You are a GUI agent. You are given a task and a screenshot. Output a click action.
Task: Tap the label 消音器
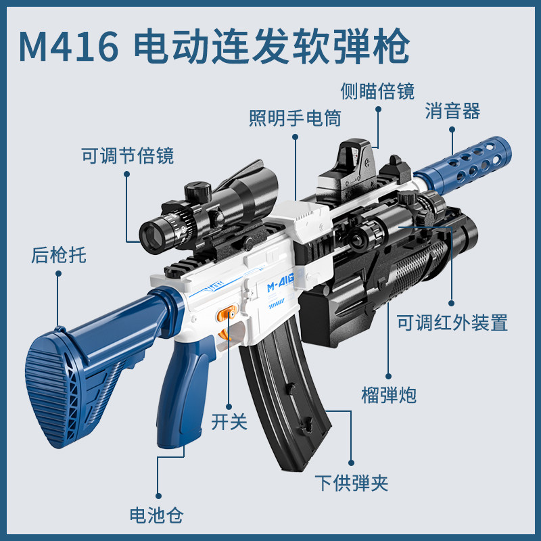(x=452, y=112)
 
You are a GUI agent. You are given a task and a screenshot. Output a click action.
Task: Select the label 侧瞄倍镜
(x=378, y=91)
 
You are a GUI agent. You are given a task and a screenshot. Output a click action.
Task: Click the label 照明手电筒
(x=295, y=118)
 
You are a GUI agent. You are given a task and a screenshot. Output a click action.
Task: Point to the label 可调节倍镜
(x=128, y=156)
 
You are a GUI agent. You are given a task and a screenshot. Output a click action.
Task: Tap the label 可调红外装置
(x=452, y=323)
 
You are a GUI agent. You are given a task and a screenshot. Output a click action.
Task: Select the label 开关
(x=229, y=422)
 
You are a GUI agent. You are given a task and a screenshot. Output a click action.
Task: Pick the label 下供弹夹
(x=351, y=482)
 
